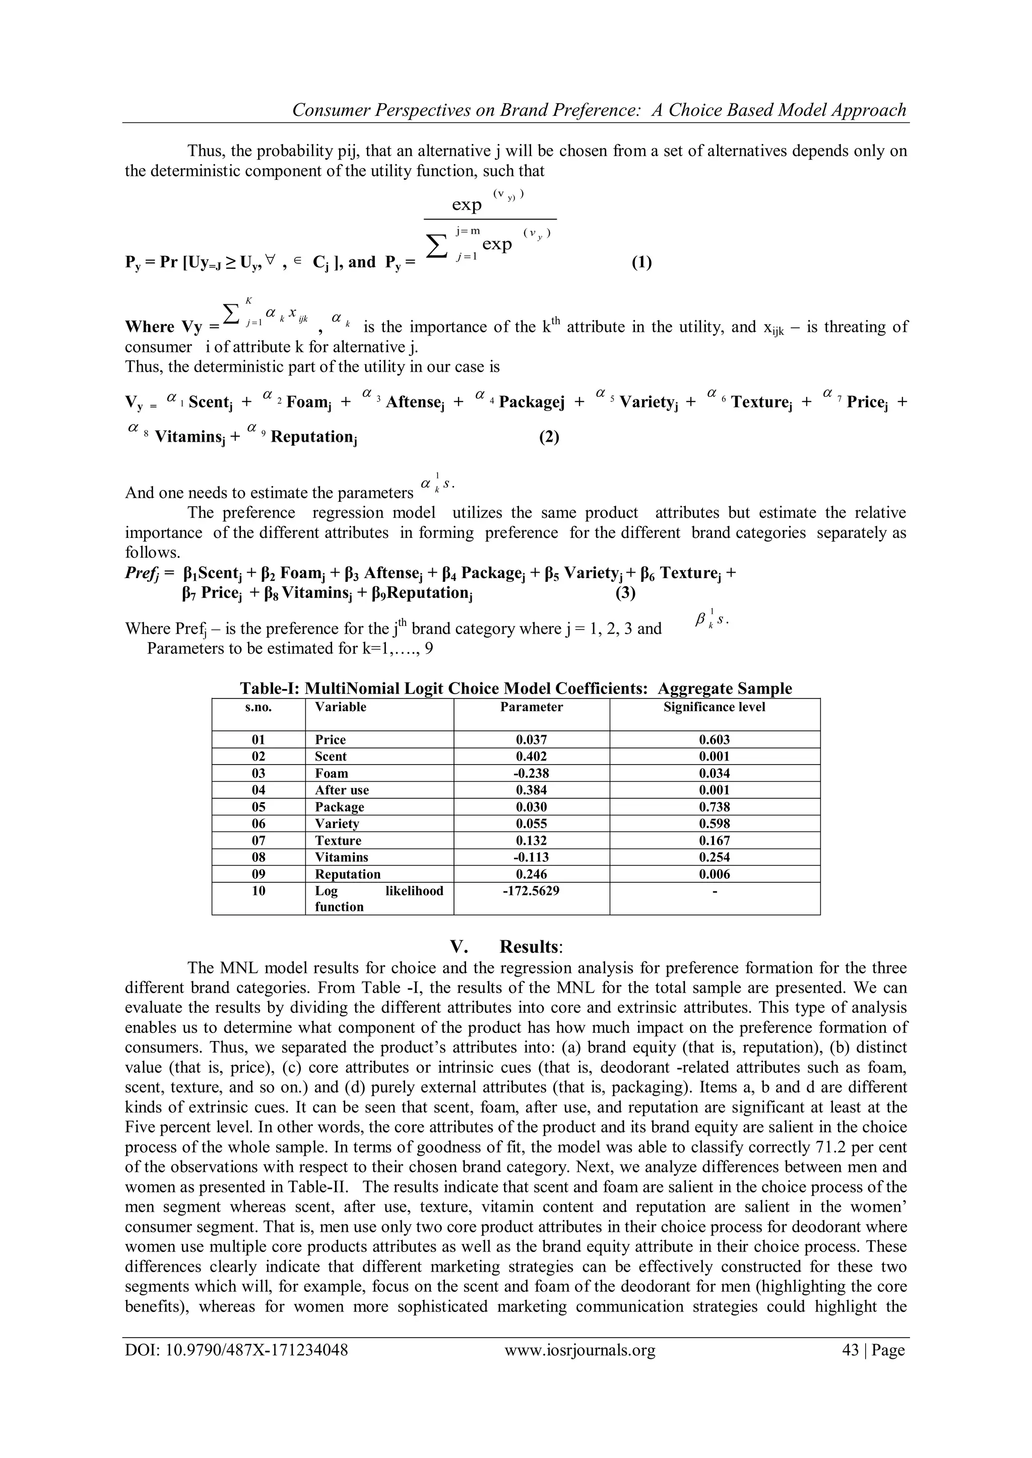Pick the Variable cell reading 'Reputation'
pyautogui.click(x=348, y=874)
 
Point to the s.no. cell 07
pyautogui.click(x=258, y=841)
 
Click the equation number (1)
pyautogui.click(x=641, y=262)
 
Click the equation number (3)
pyautogui.click(x=625, y=593)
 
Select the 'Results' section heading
pyautogui.click(x=531, y=947)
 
